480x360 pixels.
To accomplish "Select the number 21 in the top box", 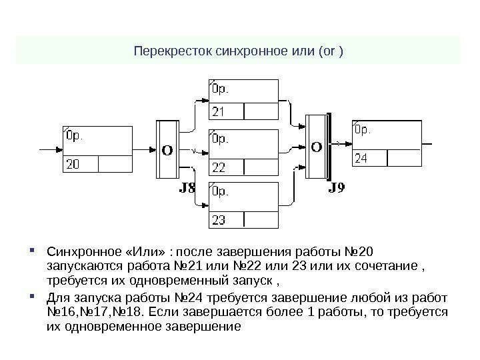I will click(219, 110).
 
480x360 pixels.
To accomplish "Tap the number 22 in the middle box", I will click(219, 165).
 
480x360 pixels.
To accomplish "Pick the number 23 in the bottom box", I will click(219, 219).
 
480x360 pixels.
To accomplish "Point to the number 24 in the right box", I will click(361, 159).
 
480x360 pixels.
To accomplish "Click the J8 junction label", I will click(189, 189).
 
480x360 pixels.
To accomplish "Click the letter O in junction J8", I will click(167, 150).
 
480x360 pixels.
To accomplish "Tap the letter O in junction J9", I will click(317, 145).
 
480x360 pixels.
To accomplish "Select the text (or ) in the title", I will click(331, 51).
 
